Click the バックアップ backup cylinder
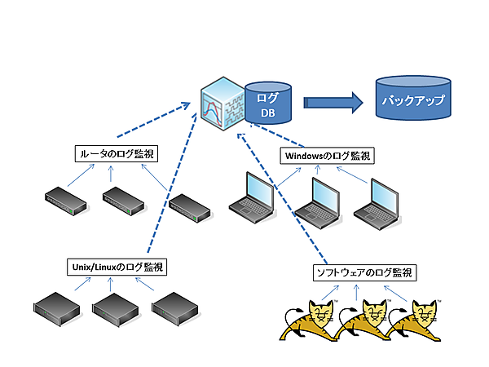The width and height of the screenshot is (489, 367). (413, 100)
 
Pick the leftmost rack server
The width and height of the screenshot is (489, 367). (57, 307)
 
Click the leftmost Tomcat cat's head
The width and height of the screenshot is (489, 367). (319, 312)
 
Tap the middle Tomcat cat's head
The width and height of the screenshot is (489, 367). (374, 312)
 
